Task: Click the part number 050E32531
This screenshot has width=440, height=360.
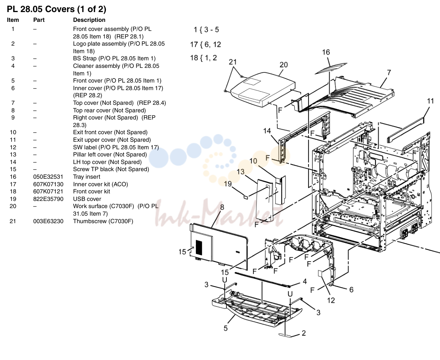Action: pos(48,177)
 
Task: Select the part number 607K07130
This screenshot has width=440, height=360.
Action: pos(48,184)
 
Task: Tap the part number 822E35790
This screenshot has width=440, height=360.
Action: pos(48,199)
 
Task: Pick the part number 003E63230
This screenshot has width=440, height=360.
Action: pos(48,221)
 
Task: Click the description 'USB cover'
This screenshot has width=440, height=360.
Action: pos(87,199)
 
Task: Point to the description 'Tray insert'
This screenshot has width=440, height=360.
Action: pos(86,177)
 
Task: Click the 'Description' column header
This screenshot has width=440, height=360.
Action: pos(89,20)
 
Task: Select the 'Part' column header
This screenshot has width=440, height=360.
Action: pos(39,20)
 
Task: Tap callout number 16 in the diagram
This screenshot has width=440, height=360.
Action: pos(326,52)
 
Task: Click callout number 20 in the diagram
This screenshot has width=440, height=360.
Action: pos(284,65)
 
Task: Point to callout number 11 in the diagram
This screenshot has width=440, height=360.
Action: pos(430,101)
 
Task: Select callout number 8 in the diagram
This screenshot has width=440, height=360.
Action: pos(222,207)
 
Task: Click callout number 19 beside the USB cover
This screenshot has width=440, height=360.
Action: pos(228,184)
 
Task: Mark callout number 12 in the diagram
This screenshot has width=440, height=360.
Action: pos(331,300)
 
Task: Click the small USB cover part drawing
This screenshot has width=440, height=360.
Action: pos(246,197)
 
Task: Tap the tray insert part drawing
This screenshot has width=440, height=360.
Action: pos(327,69)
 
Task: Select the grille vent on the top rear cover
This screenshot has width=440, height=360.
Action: pos(199,247)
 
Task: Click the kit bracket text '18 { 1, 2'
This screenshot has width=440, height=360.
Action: pos(203,58)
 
